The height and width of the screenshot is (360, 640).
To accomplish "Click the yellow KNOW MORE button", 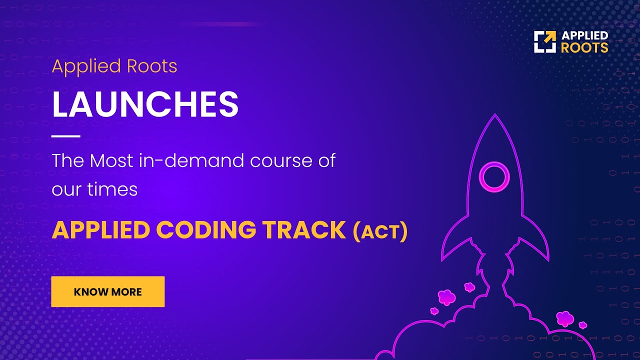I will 107,291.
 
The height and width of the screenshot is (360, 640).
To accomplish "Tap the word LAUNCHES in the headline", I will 145,104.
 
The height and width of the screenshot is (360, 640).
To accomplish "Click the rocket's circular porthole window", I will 494,176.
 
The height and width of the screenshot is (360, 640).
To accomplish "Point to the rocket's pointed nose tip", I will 495,116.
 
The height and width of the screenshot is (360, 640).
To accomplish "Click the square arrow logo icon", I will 544,41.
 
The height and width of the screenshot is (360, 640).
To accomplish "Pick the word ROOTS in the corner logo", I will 584,48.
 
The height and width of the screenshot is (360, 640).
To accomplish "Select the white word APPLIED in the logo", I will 584,35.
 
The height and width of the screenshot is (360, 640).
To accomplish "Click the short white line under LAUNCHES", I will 66,135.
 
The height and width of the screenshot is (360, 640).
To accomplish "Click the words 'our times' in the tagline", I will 94,189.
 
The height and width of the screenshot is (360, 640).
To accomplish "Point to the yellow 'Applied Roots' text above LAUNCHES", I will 114,66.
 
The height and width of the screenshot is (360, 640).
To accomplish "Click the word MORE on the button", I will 126,292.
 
